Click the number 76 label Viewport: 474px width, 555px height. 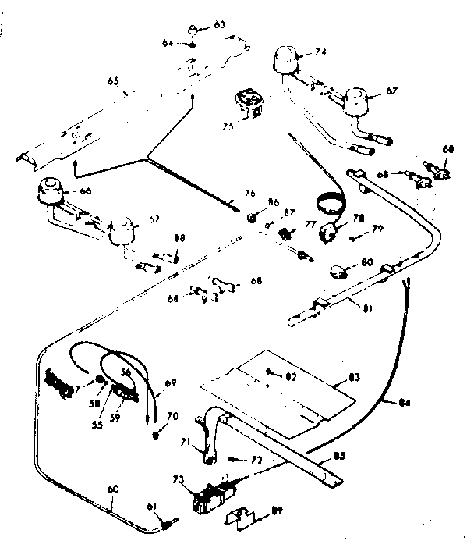pos(249,194)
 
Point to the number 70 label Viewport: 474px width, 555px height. pos(172,417)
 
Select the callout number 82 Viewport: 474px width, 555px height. pos(290,377)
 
